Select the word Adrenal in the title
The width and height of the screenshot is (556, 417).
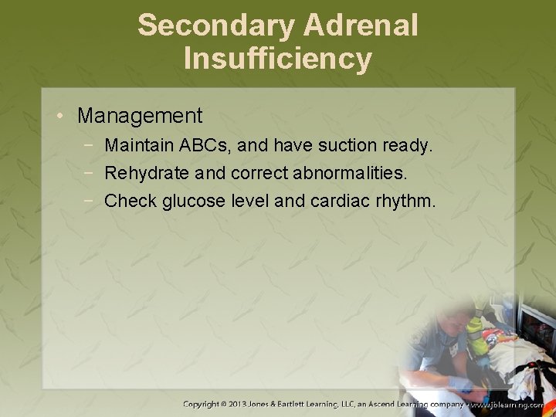[361, 25]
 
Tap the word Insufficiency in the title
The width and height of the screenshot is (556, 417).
[278, 59]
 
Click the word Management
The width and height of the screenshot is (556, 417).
[140, 116]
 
